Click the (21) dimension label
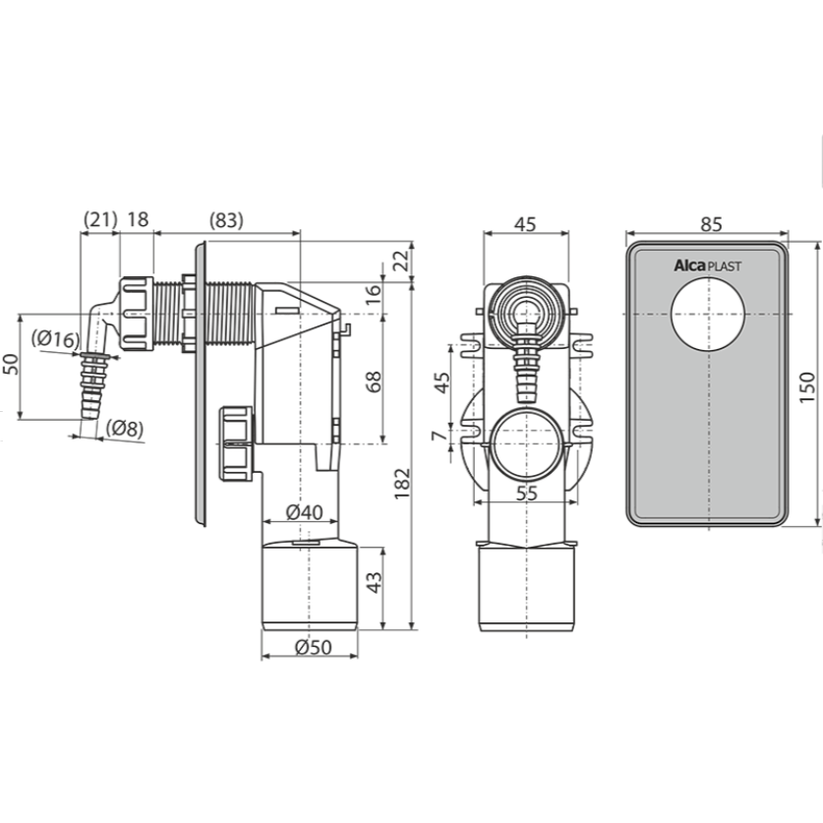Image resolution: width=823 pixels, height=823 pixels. pyautogui.click(x=100, y=219)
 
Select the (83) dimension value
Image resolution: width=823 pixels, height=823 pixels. pyautogui.click(x=226, y=220)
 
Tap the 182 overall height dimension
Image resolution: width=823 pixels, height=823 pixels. pyautogui.click(x=402, y=484)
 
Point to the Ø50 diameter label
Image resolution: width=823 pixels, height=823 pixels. pyautogui.click(x=314, y=647)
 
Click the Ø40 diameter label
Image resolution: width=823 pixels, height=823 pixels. pyautogui.click(x=305, y=511)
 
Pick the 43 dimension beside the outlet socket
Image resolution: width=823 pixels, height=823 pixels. pyautogui.click(x=374, y=582)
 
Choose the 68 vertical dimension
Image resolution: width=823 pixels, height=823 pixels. pyautogui.click(x=374, y=382)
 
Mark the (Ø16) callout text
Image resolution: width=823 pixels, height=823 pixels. pyautogui.click(x=55, y=339)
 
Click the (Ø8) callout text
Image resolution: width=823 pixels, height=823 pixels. pyautogui.click(x=125, y=429)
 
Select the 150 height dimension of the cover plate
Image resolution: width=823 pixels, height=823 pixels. pyautogui.click(x=807, y=387)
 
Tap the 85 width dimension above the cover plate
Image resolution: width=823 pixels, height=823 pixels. pyautogui.click(x=711, y=224)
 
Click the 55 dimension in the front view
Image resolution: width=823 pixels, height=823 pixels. pyautogui.click(x=527, y=493)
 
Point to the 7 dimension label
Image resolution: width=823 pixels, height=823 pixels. pyautogui.click(x=440, y=436)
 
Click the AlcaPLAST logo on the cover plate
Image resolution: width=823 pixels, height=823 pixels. pyautogui.click(x=708, y=265)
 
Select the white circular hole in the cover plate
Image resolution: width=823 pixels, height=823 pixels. pyautogui.click(x=708, y=314)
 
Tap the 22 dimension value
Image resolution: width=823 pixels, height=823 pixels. pyautogui.click(x=401, y=261)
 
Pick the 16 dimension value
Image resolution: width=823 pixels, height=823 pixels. pyautogui.click(x=374, y=294)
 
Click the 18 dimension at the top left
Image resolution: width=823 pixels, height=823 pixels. pyautogui.click(x=138, y=219)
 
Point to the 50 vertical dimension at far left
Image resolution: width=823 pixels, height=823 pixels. pyautogui.click(x=11, y=364)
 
